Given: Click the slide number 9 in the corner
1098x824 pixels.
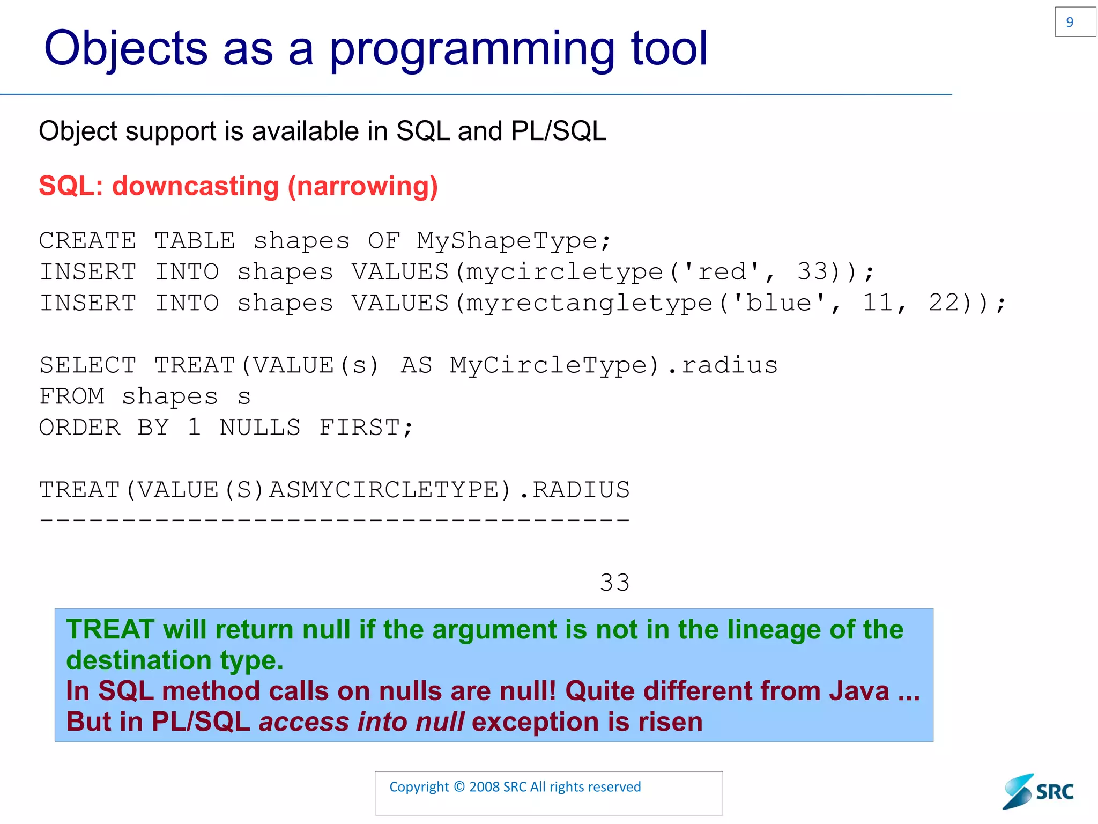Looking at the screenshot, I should pyautogui.click(x=1070, y=22).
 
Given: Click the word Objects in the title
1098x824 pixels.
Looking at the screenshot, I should pyautogui.click(x=125, y=48).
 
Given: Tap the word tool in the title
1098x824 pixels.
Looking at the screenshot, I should pyautogui.click(x=669, y=48).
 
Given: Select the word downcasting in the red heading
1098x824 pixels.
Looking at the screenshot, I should pyautogui.click(x=196, y=186).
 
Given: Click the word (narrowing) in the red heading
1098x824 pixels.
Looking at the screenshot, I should pyautogui.click(x=363, y=187).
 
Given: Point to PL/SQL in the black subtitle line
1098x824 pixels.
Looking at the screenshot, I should pyautogui.click(x=559, y=131).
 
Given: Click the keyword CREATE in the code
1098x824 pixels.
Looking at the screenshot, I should pyautogui.click(x=88, y=241).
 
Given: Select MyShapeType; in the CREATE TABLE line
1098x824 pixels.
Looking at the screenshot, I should pyautogui.click(x=514, y=241).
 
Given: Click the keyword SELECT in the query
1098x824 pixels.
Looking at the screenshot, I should pyautogui.click(x=88, y=365).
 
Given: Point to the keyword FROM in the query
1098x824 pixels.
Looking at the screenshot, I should pyautogui.click(x=72, y=396).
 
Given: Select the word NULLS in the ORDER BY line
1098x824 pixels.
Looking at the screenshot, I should pyautogui.click(x=260, y=428).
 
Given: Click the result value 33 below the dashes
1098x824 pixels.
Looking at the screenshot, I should pyautogui.click(x=614, y=583).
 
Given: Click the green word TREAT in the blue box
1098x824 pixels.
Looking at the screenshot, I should pyautogui.click(x=110, y=629).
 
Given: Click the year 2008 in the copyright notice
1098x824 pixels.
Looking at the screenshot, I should pyautogui.click(x=484, y=787).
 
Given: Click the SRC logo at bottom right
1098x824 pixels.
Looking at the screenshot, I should pyautogui.click(x=1038, y=791).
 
